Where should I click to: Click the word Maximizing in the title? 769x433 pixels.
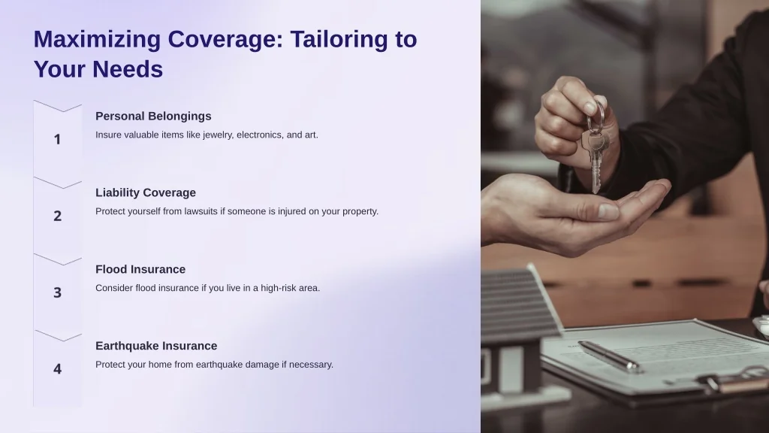tap(97, 40)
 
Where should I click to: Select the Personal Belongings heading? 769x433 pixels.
tap(153, 117)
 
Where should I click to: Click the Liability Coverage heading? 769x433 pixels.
tap(145, 192)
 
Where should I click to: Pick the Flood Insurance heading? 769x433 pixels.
tap(140, 269)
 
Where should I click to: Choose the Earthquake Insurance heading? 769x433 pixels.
tap(156, 346)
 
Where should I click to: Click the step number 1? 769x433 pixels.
tap(57, 139)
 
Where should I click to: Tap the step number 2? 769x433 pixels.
tap(57, 216)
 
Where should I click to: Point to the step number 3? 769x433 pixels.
tap(57, 292)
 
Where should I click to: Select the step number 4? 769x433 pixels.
tap(57, 369)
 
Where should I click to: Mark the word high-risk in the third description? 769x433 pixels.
tap(279, 288)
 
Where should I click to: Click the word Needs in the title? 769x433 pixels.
tap(128, 69)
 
